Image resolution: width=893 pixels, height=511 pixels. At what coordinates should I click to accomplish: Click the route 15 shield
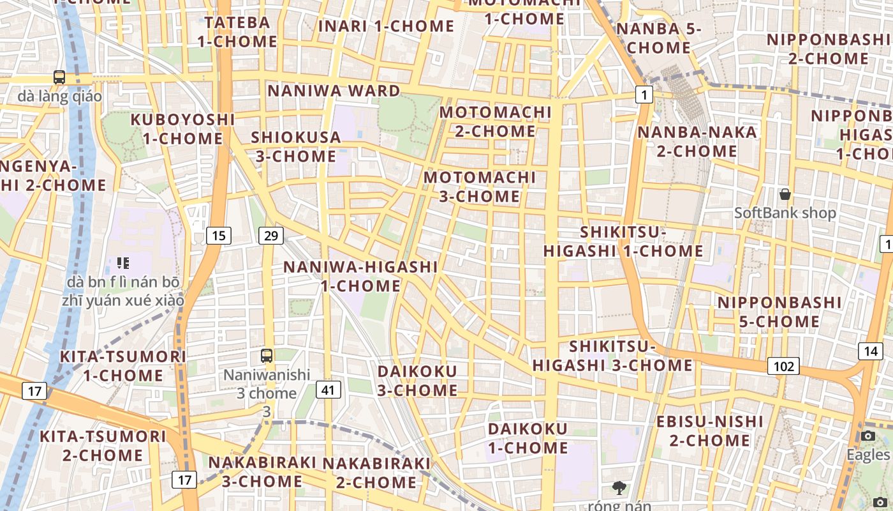click(218, 236)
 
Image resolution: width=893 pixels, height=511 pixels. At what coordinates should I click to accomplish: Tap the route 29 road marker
click(271, 236)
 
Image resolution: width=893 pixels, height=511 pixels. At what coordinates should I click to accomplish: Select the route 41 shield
click(328, 389)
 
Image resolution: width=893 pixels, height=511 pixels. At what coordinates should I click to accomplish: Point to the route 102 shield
click(783, 366)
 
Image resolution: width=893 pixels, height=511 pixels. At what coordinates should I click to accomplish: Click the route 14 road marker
click(871, 351)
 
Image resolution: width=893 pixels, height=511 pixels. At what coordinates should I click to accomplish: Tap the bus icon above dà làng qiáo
click(59, 77)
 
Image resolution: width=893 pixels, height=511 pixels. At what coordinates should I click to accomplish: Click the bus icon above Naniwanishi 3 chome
click(267, 356)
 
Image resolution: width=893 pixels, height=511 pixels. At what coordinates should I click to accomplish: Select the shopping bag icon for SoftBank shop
click(785, 194)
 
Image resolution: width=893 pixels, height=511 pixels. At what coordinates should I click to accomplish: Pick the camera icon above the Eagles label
click(867, 436)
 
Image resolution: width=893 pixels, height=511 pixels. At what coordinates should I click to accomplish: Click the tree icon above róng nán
click(619, 489)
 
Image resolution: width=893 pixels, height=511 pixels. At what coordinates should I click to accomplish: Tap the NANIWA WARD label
click(334, 91)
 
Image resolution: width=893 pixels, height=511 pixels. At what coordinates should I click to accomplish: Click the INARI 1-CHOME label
click(386, 26)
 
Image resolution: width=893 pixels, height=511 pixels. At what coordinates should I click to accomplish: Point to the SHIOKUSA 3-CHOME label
click(296, 147)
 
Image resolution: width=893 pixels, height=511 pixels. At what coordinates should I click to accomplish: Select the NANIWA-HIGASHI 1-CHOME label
click(360, 276)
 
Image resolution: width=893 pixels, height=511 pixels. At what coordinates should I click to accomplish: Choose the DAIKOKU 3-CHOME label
click(418, 381)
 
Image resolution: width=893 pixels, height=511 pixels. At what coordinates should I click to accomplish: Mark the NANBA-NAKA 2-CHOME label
click(697, 142)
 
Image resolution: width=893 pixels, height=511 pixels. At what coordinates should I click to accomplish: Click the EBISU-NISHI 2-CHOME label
click(710, 431)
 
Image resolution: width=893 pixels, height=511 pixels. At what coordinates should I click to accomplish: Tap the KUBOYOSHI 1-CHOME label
click(182, 129)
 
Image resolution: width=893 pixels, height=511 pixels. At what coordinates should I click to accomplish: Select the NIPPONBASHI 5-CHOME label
click(779, 312)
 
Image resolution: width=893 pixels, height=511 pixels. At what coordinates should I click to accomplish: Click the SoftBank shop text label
click(785, 213)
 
